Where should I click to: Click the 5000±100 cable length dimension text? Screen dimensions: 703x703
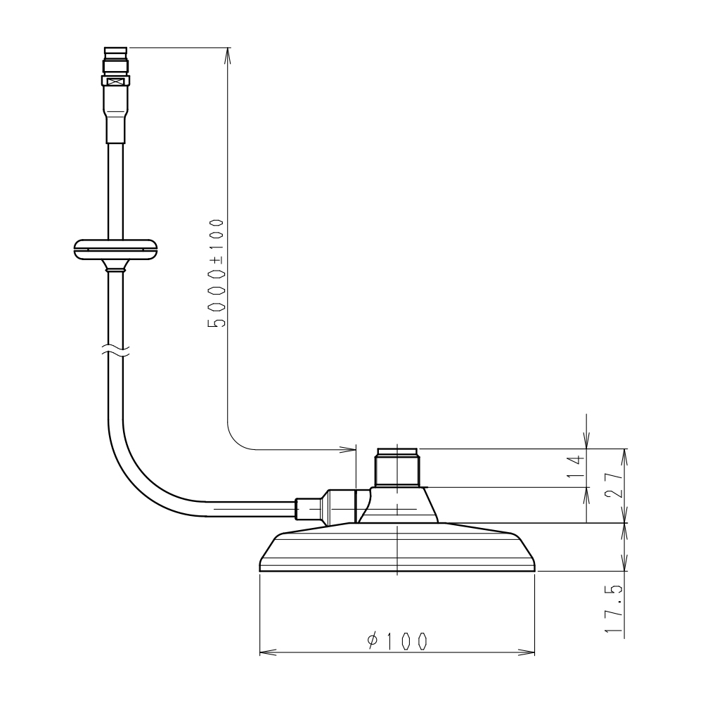click(217, 273)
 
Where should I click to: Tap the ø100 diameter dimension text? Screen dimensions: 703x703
click(397, 642)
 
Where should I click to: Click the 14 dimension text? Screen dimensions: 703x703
click(576, 467)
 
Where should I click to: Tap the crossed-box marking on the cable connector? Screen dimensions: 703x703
click(117, 82)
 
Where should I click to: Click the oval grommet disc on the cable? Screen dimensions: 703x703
click(116, 250)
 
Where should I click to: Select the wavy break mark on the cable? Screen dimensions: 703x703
click(116, 350)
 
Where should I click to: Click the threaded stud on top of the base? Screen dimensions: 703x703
click(397, 467)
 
